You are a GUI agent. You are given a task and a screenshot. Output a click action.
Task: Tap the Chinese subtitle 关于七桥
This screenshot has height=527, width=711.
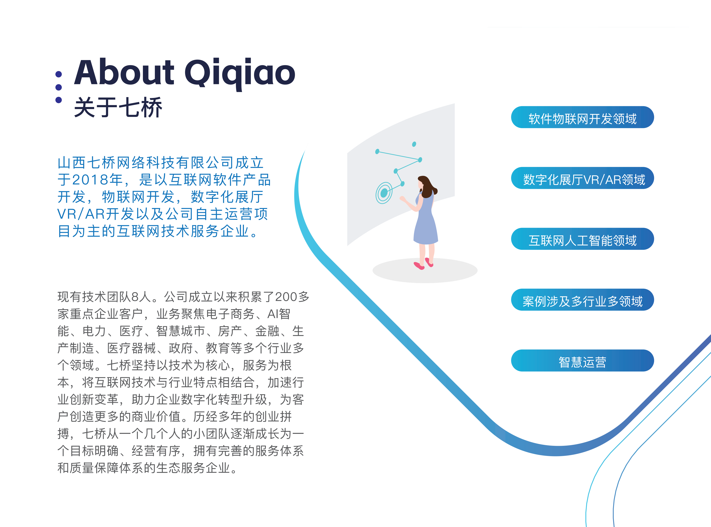coord(118,107)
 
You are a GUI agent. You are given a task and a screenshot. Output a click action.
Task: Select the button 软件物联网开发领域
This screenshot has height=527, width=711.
coord(582,117)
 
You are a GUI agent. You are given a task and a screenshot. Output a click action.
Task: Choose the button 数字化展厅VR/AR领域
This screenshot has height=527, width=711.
coord(582,178)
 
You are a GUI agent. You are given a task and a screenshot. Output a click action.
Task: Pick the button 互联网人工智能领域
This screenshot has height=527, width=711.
coord(582,239)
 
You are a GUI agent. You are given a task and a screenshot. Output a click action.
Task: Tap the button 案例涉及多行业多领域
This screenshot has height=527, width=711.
coord(582,300)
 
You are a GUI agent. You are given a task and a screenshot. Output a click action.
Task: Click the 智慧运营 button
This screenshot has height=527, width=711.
coord(582,360)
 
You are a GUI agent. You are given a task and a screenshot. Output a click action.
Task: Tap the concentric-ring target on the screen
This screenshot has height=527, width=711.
coord(384,193)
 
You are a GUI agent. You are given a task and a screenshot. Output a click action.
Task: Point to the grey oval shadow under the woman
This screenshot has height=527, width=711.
coord(425,270)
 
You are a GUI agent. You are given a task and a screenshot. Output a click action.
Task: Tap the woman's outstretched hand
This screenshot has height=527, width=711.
coord(402,199)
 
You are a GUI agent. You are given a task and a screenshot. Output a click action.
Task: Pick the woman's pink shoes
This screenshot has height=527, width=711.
coord(423,264)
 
